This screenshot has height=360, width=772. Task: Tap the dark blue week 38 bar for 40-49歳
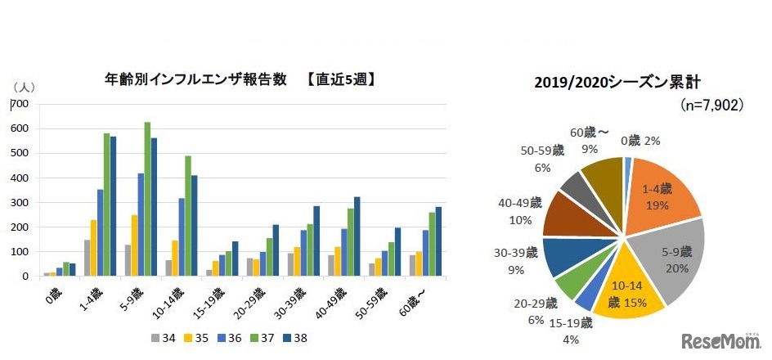(356, 236)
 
